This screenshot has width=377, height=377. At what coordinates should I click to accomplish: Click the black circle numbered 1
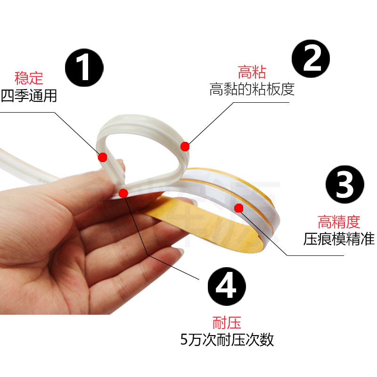[x=84, y=68]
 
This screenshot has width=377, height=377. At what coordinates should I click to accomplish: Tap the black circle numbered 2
[x=311, y=58]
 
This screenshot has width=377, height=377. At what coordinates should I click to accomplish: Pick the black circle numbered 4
[x=227, y=284]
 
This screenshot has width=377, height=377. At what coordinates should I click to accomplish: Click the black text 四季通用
[x=29, y=96]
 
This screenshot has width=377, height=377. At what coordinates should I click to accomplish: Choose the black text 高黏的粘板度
[x=252, y=89]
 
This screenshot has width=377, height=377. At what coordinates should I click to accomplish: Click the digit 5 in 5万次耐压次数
[x=185, y=340]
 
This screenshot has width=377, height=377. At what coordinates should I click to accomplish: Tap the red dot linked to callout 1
[x=102, y=157]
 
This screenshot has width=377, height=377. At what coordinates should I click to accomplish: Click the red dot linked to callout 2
[x=185, y=147]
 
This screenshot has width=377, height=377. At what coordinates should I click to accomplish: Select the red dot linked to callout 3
[x=238, y=207]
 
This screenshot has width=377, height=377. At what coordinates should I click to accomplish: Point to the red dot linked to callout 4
[x=123, y=192]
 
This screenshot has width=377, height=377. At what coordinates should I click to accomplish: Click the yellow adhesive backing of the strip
[x=198, y=221]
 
